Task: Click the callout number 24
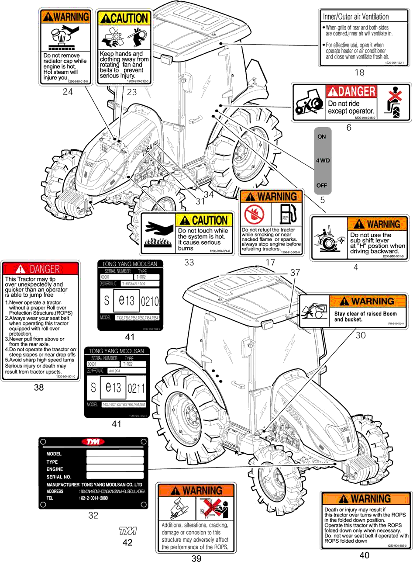68,92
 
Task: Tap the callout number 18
359,73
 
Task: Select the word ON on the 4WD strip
322,137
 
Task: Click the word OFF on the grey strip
322,185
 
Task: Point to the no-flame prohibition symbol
254,214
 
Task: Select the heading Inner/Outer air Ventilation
356,17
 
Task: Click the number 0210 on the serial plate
149,301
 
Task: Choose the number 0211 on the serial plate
136,388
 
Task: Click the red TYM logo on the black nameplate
93,442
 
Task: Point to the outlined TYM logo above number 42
127,531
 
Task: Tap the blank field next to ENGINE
115,469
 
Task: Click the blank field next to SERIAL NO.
115,477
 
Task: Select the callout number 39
196,558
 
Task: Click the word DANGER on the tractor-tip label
45,269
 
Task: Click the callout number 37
295,272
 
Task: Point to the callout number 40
364,555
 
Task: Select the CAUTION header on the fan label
124,18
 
